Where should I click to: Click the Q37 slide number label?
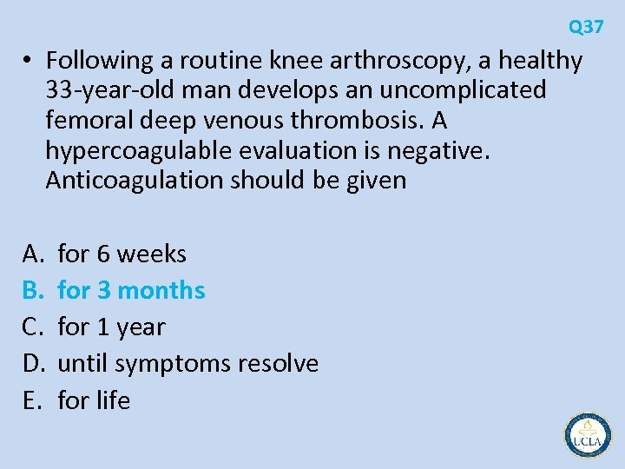click(x=586, y=27)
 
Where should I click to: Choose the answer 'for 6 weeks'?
click(x=122, y=254)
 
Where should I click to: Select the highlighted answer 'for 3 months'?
click(x=131, y=290)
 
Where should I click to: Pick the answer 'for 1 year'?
click(x=111, y=327)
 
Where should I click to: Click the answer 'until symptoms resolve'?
click(x=187, y=363)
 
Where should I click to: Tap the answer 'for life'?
click(x=94, y=400)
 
